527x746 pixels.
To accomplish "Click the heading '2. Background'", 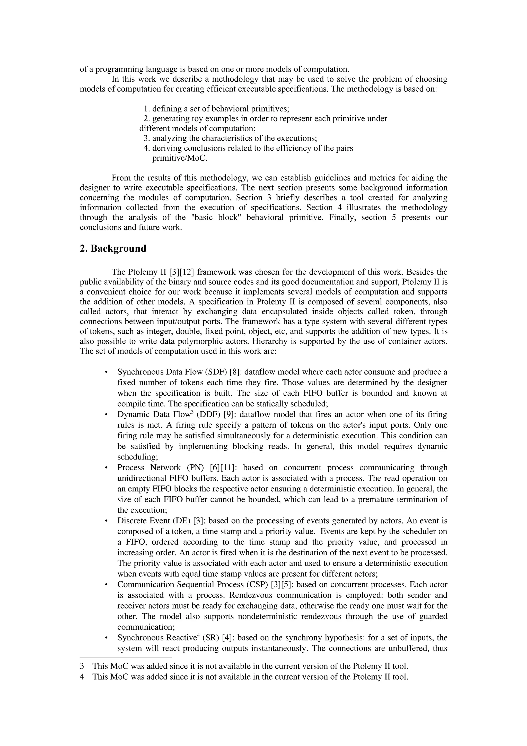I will [113, 249].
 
